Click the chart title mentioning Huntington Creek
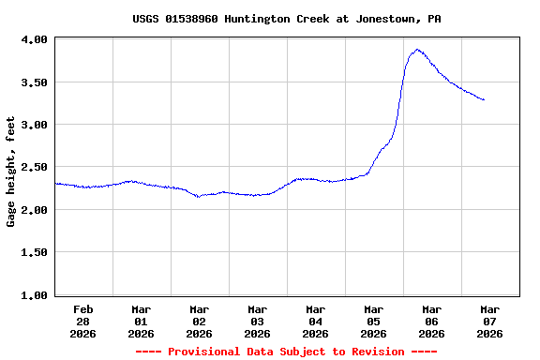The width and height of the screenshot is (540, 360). click(x=286, y=19)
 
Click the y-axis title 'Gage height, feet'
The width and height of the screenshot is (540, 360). click(x=11, y=172)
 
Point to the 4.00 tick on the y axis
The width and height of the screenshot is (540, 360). click(x=35, y=39)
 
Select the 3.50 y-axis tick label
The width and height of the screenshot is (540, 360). click(x=35, y=82)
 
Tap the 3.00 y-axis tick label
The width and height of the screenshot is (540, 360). click(x=35, y=125)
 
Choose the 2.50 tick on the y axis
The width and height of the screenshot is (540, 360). click(x=35, y=167)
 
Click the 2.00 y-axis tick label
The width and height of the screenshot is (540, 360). click(x=35, y=210)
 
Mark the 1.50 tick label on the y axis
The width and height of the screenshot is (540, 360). click(x=35, y=252)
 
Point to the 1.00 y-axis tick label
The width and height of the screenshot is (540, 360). click(x=35, y=295)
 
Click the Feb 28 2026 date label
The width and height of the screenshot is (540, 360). click(x=83, y=321)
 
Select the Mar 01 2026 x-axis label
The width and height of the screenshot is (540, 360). click(x=142, y=321)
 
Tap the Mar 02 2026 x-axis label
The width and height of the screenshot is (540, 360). click(x=200, y=321)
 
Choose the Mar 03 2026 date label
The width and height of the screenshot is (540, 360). click(x=258, y=321)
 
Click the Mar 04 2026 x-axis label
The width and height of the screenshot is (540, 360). click(x=316, y=321)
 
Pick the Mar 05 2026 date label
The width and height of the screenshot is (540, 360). click(x=374, y=321)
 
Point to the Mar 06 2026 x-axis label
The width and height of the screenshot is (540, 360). click(x=432, y=321)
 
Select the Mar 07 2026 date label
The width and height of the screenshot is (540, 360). click(x=489, y=321)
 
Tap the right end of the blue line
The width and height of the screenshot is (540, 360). click(x=484, y=99)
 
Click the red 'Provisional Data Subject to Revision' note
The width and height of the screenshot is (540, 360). click(x=286, y=352)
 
